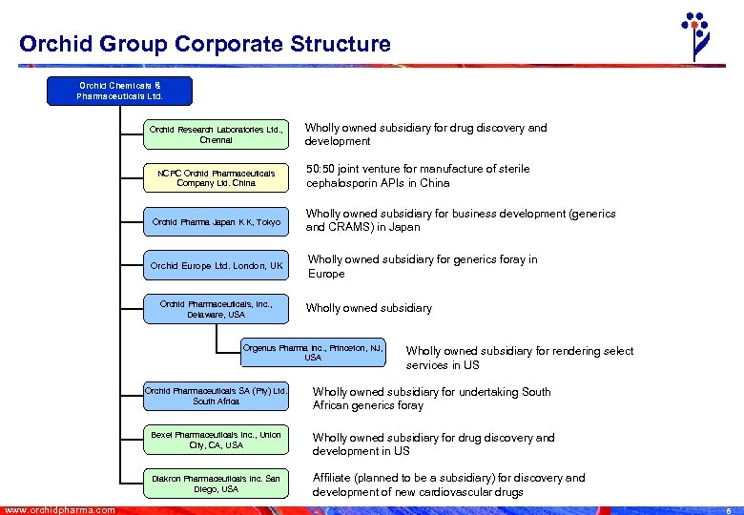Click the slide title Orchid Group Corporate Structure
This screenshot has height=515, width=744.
coord(204,44)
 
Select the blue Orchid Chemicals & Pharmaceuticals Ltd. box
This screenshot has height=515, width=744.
coord(120,91)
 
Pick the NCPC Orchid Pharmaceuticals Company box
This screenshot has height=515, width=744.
coord(216,177)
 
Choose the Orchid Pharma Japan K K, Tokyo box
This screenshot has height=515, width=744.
coord(216,222)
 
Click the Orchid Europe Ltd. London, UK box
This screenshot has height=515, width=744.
coord(216,266)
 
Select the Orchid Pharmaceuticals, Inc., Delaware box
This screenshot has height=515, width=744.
coord(216,309)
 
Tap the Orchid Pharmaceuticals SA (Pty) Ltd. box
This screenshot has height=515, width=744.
coord(216,396)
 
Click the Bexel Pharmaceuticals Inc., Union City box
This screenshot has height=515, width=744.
coord(216,440)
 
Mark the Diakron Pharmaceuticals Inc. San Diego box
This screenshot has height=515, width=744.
coord(216,484)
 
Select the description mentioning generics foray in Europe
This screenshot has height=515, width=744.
coord(423,266)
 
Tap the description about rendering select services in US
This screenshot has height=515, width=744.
coord(519,358)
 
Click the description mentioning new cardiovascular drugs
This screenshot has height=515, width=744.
coord(449,484)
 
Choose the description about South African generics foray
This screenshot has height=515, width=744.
coord(432,399)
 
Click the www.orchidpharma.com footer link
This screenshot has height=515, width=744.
coord(59,509)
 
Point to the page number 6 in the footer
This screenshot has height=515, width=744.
coord(728,510)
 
